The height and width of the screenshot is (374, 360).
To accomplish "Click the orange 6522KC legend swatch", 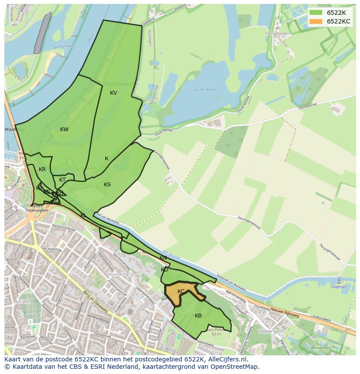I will [x=316, y=21].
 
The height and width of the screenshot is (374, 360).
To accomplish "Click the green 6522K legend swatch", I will [x=316, y=12].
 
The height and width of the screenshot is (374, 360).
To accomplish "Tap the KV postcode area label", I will [x=113, y=93].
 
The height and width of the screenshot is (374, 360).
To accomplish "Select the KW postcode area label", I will [x=64, y=129].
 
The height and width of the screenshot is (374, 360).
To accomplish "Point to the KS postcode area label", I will [x=107, y=185].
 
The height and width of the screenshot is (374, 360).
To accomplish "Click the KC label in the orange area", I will [x=181, y=291].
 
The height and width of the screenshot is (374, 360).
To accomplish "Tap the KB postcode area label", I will [x=198, y=316].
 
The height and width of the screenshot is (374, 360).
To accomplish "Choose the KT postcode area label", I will [x=63, y=180].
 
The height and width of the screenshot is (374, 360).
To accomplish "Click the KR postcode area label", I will [x=42, y=169].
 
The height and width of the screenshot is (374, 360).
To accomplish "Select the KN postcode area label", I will [x=163, y=258].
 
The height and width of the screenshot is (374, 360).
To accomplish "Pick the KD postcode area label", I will [x=164, y=270].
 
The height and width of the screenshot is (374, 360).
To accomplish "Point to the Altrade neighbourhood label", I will [x=23, y=301].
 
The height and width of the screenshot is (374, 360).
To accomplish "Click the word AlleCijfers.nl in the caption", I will [x=226, y=359].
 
